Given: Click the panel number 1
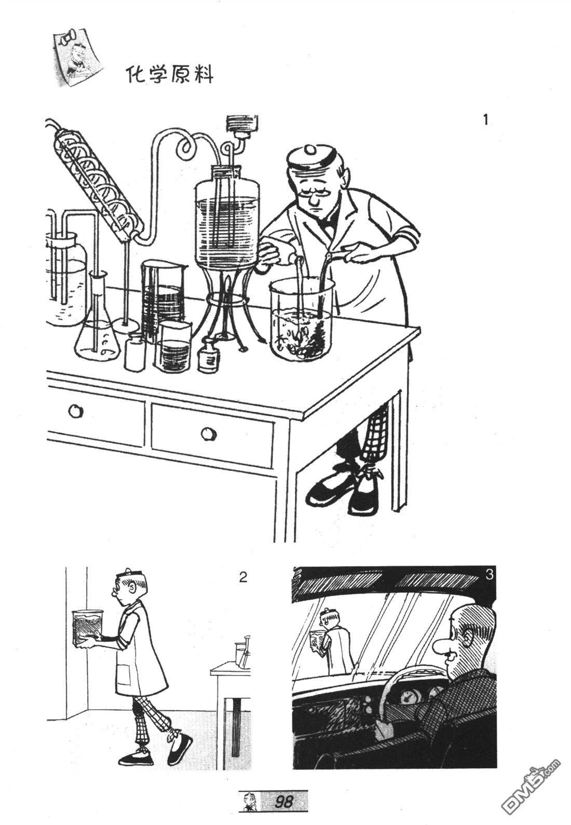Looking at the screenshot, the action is tap(485, 120).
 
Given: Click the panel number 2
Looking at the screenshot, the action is tap(243, 577).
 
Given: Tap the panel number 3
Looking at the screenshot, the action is tap(488, 575).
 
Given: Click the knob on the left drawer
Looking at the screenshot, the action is tap(75, 411).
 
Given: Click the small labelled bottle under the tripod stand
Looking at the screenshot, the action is tap(209, 355).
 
